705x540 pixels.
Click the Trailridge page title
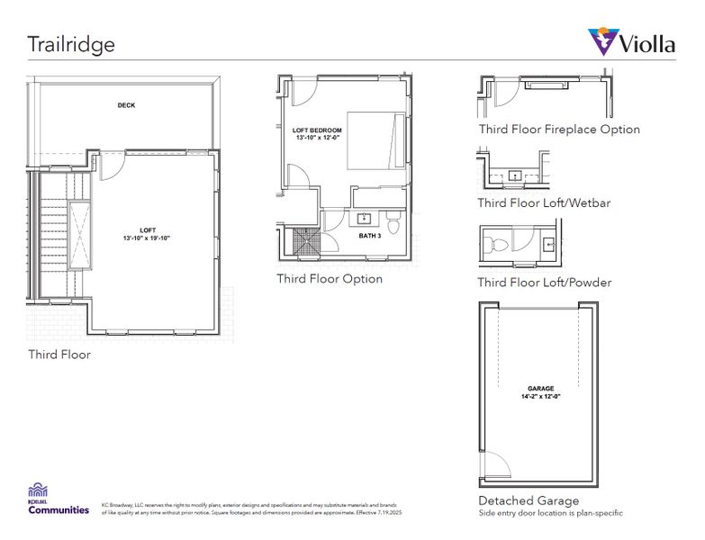71,44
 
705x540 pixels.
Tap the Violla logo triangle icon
602,41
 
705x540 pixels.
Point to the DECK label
127,105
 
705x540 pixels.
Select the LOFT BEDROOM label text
318,130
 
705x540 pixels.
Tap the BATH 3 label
369,236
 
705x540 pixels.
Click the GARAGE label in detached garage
541,388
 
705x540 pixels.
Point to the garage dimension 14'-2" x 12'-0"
541,397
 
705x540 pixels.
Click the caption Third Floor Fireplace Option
559,130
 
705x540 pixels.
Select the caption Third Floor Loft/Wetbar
544,203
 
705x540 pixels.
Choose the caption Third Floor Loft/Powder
545,283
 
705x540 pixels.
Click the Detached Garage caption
529,500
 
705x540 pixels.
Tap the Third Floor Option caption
330,279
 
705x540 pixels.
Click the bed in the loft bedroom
370,139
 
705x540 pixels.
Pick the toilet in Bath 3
393,220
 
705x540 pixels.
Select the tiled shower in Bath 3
306,241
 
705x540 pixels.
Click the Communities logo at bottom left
59,500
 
